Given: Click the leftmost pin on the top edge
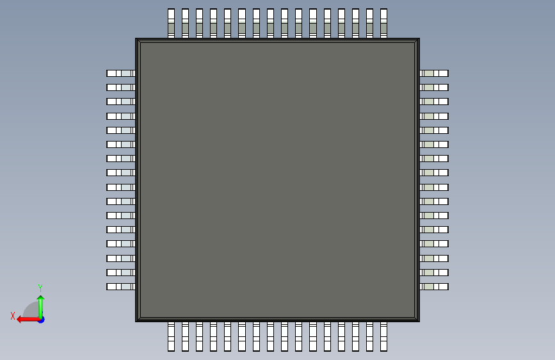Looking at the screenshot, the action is pyautogui.click(x=171, y=23).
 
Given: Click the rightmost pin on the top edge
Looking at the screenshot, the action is pyautogui.click(x=383, y=23).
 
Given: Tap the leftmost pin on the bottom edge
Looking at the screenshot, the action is pyautogui.click(x=171, y=336).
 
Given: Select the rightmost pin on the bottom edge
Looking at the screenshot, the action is pyautogui.click(x=383, y=336).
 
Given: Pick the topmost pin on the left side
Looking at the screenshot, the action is pyautogui.click(x=120, y=73).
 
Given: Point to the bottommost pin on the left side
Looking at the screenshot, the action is pyautogui.click(x=120, y=286).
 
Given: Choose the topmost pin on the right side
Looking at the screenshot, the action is pyautogui.click(x=434, y=73).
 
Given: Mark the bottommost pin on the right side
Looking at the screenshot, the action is pyautogui.click(x=434, y=286).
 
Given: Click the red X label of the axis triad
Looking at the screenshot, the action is pyautogui.click(x=13, y=316).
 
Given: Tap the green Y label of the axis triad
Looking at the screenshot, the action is pyautogui.click(x=40, y=288).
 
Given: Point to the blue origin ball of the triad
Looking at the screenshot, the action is pyautogui.click(x=40, y=319).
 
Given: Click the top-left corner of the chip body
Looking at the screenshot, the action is pyautogui.click(x=136, y=39).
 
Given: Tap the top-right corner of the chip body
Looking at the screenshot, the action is pyautogui.click(x=419, y=39).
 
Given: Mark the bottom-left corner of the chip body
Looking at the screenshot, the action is pyautogui.click(x=136, y=320).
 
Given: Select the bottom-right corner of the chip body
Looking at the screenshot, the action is pyautogui.click(x=419, y=320).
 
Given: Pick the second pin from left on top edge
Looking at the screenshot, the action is pyautogui.click(x=185, y=23).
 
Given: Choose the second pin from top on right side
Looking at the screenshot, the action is pyautogui.click(x=434, y=87).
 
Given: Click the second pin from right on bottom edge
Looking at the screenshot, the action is pyautogui.click(x=369, y=336).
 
